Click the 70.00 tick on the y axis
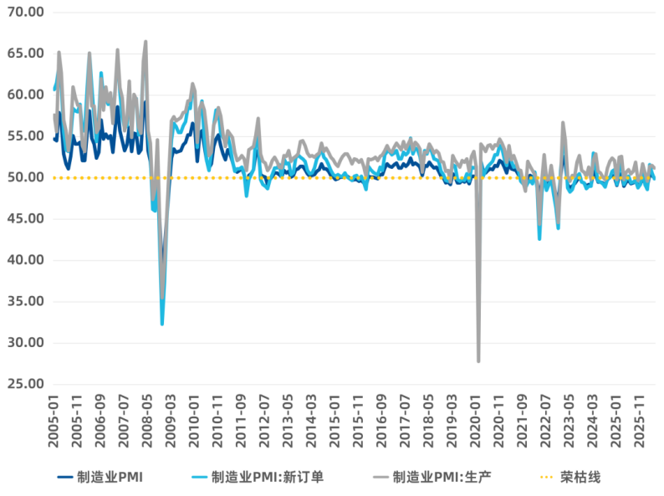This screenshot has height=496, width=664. click(25, 12)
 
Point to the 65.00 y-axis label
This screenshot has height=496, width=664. click(25, 54)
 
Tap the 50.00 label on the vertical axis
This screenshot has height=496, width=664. click(25, 177)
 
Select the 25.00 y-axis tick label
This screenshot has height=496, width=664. click(25, 384)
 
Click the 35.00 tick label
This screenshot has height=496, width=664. click(25, 302)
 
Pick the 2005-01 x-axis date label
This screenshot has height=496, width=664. click(54, 421)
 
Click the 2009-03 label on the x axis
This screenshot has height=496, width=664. click(171, 421)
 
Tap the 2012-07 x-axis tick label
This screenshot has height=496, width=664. click(264, 421)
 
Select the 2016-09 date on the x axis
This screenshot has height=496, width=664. click(381, 421)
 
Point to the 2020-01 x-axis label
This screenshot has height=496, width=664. click(475, 421)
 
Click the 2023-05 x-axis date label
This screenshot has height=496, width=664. click(569, 421)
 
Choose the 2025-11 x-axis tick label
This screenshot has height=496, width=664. click(639, 421)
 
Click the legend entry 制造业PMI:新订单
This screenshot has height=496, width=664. click(258, 478)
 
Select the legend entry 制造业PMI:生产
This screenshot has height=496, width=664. click(432, 478)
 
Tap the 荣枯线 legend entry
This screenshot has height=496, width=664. click(571, 478)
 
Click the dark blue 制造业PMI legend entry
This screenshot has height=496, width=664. click(100, 478)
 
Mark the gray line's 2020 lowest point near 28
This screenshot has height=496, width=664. click(478, 361)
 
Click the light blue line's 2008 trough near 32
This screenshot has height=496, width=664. click(162, 324)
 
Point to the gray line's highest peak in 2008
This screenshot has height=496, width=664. click(146, 42)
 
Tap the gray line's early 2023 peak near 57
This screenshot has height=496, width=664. click(563, 122)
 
